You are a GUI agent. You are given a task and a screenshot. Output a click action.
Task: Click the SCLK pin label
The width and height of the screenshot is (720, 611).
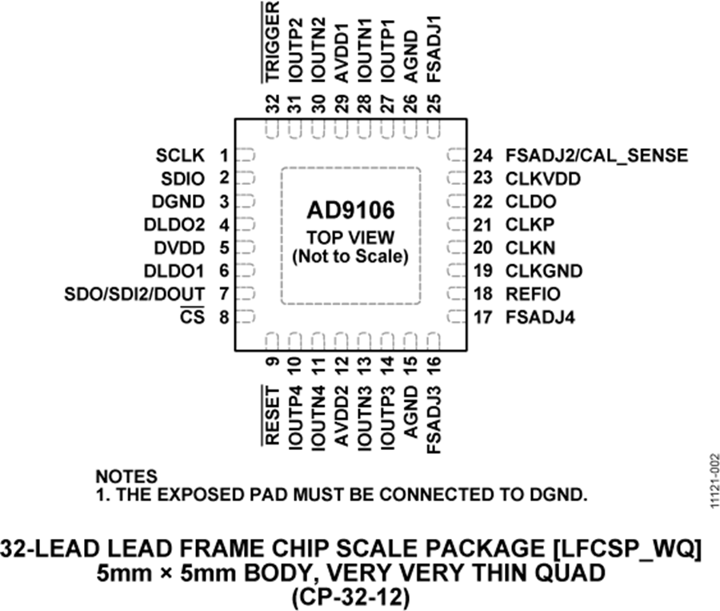coord(182,155)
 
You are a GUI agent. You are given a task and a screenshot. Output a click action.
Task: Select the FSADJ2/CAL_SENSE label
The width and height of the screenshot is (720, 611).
coord(596,155)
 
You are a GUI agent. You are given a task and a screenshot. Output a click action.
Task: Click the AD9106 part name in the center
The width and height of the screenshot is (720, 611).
coord(350,211)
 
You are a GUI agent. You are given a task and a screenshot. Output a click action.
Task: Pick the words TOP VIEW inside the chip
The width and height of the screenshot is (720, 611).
coord(350,238)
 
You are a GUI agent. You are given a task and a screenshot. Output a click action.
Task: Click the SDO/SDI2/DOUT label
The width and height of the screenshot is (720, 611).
coord(135,294)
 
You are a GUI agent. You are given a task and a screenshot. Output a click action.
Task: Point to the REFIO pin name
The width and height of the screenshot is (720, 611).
coord(533,294)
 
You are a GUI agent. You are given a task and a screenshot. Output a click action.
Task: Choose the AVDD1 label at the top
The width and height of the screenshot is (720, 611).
coord(342,53)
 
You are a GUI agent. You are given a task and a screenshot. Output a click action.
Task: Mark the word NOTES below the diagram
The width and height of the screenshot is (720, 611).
coord(126,477)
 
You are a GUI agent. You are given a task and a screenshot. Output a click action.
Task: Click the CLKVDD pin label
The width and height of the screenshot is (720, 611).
coord(542,179)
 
